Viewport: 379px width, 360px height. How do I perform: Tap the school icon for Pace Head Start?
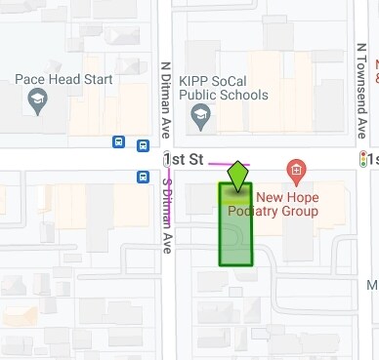(37, 100)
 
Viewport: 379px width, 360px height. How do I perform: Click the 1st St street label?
(183, 158)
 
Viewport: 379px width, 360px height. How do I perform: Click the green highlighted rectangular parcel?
(234, 229)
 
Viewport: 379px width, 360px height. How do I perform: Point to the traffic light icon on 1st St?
(366, 159)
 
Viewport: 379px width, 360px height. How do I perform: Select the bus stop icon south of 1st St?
(144, 177)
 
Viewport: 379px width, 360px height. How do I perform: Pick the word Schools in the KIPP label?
(243, 96)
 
